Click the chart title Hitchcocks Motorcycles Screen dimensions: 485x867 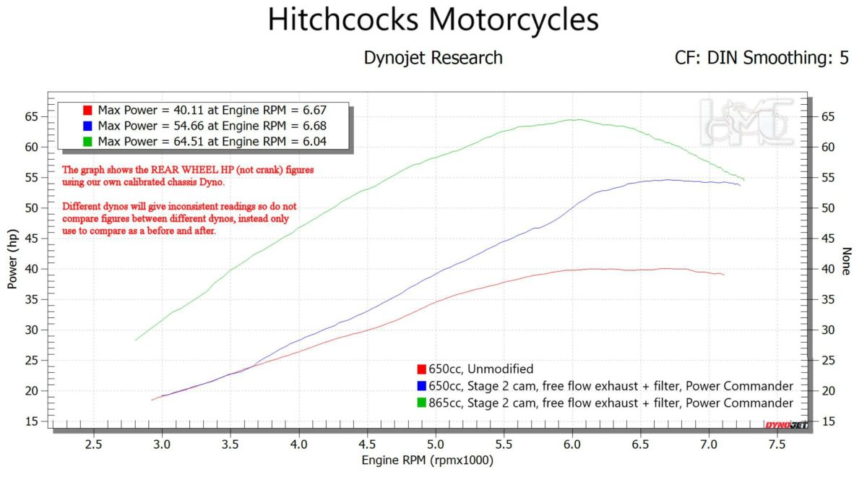pyautogui.click(x=433, y=20)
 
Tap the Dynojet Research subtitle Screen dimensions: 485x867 pyautogui.click(x=433, y=58)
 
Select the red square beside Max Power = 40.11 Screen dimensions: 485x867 pyautogui.click(x=87, y=111)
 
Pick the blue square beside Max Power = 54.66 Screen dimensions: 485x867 pyautogui.click(x=87, y=126)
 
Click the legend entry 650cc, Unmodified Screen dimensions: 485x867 pyautogui.click(x=480, y=369)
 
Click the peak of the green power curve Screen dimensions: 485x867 pyautogui.click(x=575, y=119)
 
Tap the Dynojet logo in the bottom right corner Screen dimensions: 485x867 pyautogui.click(x=787, y=425)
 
